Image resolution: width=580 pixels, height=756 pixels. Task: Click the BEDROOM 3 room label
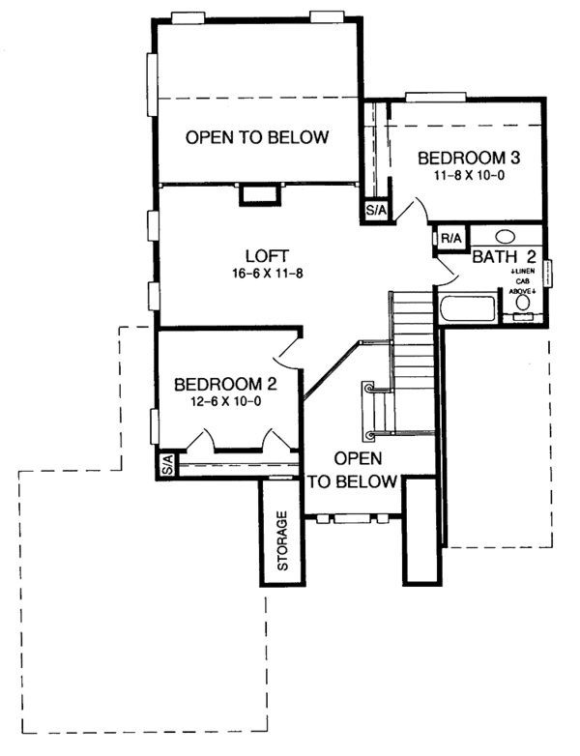[x=462, y=158]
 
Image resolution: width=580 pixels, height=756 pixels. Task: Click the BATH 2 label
[x=504, y=256]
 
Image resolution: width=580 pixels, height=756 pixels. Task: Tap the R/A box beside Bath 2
[x=449, y=238]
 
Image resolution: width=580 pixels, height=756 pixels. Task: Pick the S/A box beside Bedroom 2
[x=166, y=465]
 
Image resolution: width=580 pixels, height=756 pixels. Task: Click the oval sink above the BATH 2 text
[x=505, y=236]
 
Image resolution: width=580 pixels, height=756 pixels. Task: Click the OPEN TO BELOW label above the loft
[x=257, y=137]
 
